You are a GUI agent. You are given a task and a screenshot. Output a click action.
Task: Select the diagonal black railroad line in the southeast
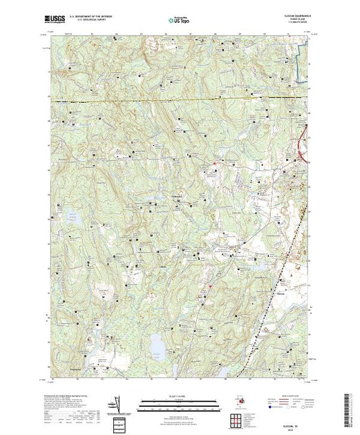click(x=276, y=283)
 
